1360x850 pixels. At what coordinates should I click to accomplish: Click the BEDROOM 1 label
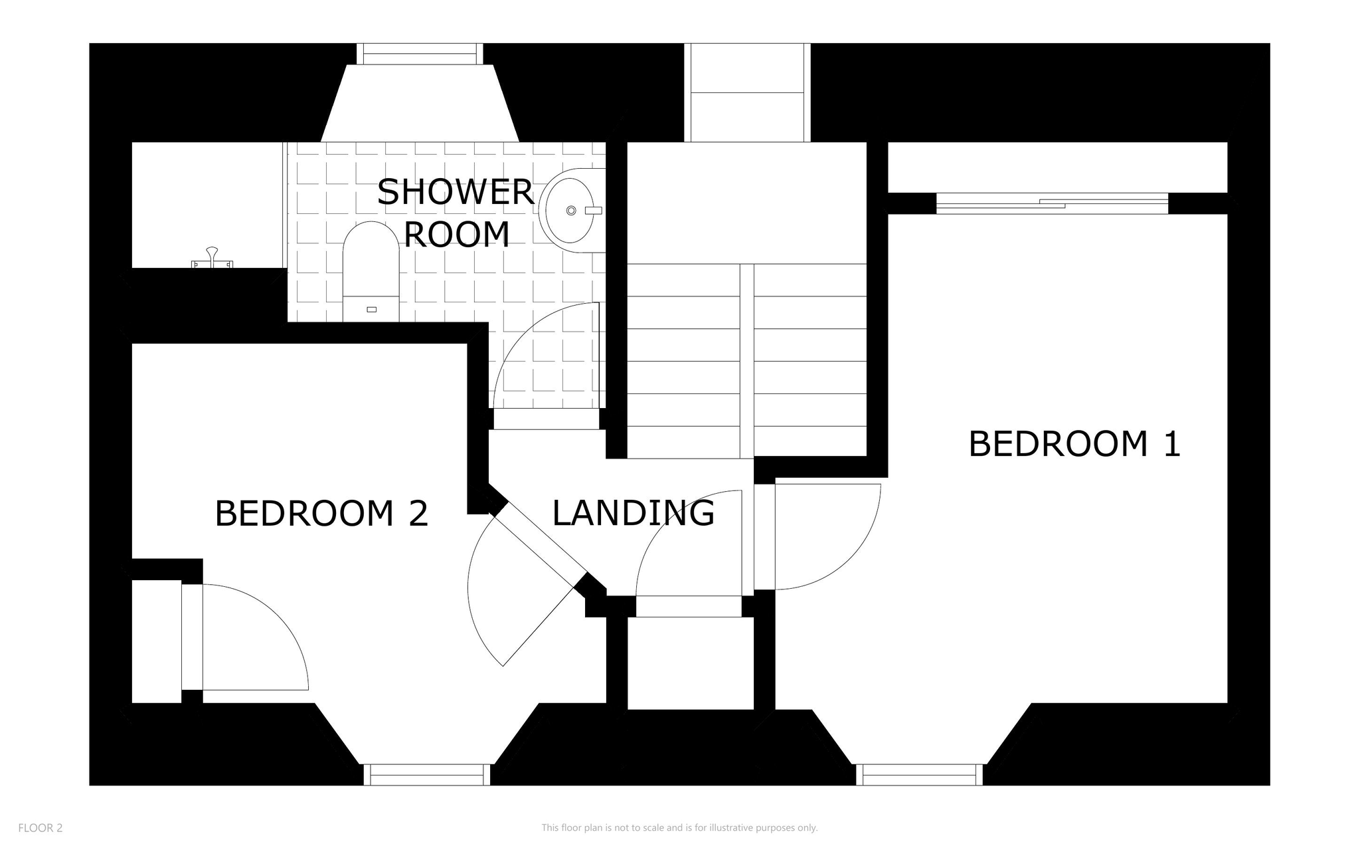coord(1074,444)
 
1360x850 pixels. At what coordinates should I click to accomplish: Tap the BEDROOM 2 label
coord(321,514)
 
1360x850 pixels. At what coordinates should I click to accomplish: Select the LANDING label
coord(633,513)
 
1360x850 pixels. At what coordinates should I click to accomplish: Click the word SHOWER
coord(456,192)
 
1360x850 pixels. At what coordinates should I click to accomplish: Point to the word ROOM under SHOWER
coord(457,235)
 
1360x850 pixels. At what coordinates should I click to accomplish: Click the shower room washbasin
coord(572,211)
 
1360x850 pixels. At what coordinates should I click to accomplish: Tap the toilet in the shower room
coord(371,272)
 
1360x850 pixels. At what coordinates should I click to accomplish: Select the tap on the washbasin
coord(593,211)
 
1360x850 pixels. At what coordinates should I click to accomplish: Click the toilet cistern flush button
coord(371,309)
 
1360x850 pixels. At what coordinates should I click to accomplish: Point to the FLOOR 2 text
coord(41,828)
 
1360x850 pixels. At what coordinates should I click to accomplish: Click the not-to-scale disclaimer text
coord(679,828)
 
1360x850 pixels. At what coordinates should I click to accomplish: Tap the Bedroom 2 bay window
coord(427,775)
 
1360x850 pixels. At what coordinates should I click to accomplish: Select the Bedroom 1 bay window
coord(919,775)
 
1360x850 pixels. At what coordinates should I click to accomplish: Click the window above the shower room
coord(420,54)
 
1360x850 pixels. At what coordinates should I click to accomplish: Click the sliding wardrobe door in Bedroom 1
coord(1052,203)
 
